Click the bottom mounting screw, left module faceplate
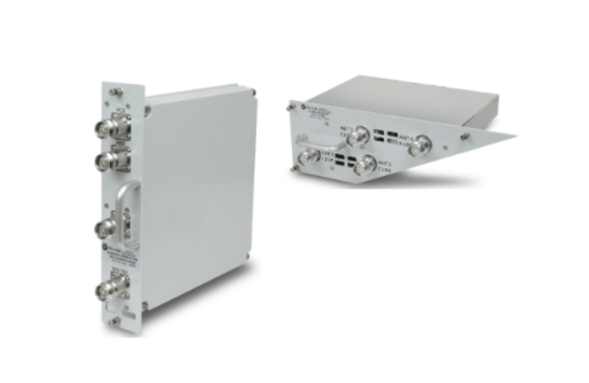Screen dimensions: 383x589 [112, 321]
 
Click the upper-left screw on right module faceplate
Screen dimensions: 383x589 [288, 108]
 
